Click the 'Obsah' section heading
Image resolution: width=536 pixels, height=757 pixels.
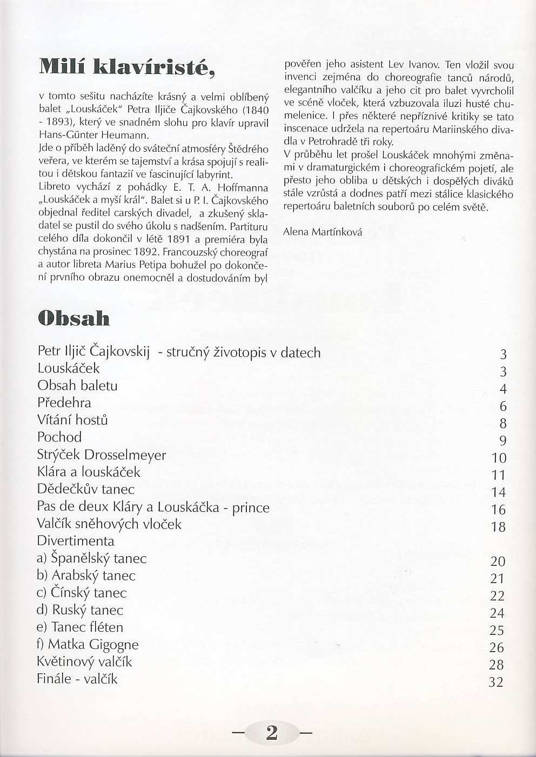74,318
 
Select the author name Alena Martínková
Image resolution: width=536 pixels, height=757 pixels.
323,232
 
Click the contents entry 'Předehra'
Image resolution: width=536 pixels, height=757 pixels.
64,403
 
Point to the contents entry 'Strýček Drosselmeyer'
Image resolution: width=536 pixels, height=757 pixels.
102,455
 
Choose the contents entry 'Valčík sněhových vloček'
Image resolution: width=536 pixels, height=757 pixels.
109,524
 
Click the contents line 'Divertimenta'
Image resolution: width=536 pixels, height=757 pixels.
76,541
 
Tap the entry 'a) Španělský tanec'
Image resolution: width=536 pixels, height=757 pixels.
92,558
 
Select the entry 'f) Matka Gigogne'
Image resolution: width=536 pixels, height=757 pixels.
88,645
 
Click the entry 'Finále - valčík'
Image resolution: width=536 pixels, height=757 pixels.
77,679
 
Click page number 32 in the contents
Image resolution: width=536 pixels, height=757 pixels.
496,682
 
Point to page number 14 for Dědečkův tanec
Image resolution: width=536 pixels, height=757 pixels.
498,492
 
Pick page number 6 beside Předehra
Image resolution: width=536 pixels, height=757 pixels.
502,406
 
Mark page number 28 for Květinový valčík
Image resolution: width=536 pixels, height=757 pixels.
496,665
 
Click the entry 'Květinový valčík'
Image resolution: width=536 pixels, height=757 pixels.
84,662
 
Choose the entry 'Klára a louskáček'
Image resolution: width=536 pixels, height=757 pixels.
89,472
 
